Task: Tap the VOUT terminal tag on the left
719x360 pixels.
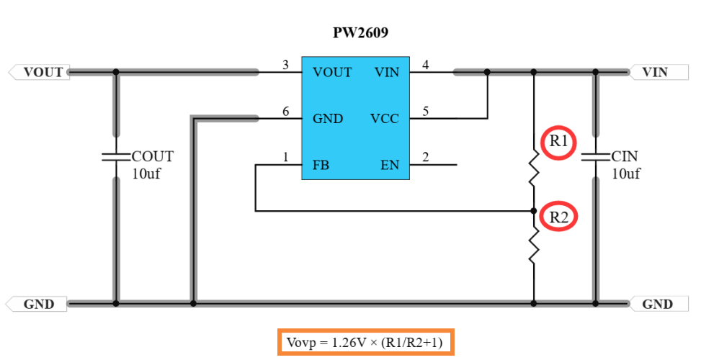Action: pos(40,72)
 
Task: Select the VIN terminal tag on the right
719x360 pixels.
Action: pos(658,72)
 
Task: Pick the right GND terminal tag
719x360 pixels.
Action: pos(658,304)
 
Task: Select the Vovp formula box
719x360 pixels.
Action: pos(365,341)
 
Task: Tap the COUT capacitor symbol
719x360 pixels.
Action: pos(115,156)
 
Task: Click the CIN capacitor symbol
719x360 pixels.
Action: pos(595,156)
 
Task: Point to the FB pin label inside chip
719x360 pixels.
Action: pos(321,166)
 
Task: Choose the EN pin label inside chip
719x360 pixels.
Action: pos(389,166)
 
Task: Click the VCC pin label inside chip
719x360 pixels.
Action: pos(384,119)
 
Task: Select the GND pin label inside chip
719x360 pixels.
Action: pos(328,119)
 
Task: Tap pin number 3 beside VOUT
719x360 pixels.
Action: pos(285,66)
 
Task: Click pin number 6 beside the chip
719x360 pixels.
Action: pos(285,112)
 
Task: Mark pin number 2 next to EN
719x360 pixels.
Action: pos(425,158)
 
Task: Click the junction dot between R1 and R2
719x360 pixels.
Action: pos(533,211)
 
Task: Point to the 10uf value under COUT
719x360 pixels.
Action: pos(146,174)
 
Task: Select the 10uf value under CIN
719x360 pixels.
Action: pos(626,174)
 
